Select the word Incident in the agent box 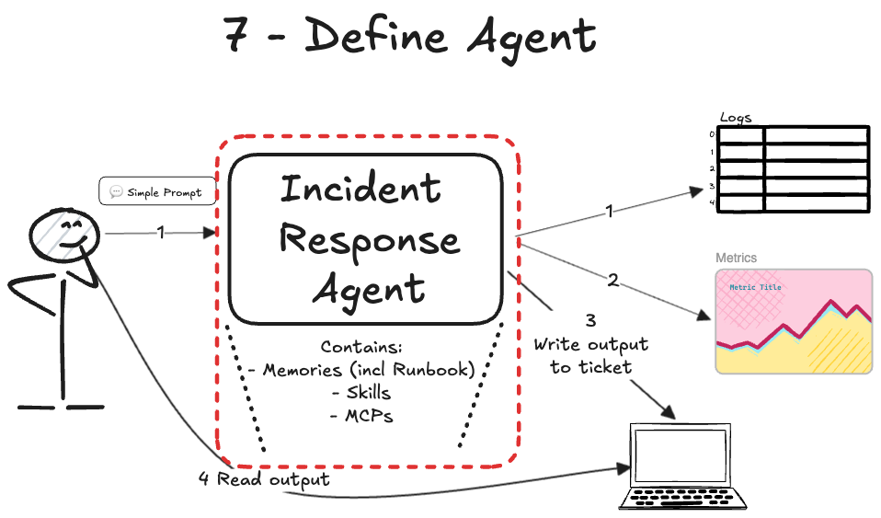point(360,189)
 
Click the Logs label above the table point(735,118)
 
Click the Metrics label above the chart point(736,258)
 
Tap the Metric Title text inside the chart point(755,287)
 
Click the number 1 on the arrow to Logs point(609,212)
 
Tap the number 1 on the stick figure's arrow point(161,233)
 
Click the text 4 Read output point(264,480)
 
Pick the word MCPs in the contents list point(362,415)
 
